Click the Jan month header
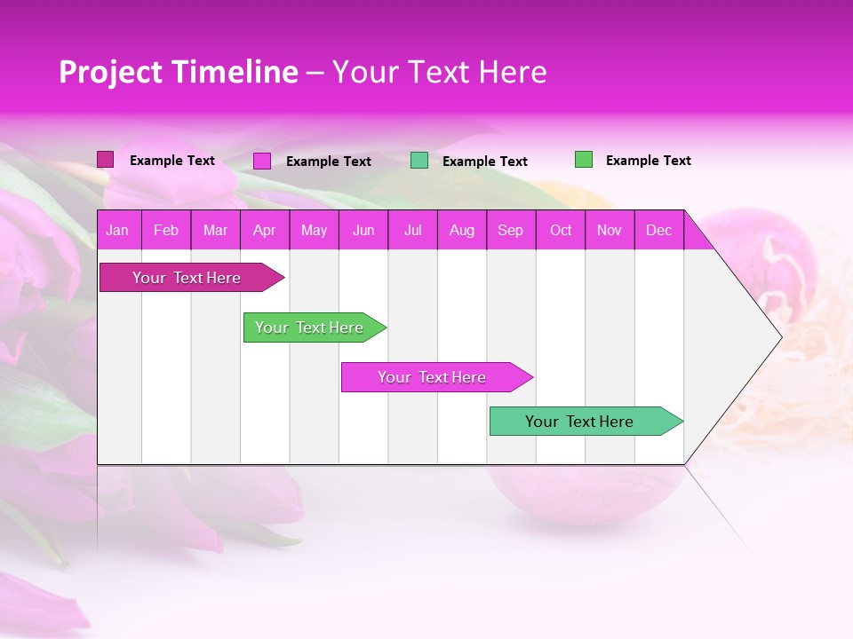coord(117,231)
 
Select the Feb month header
coord(166,231)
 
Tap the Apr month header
coord(264,231)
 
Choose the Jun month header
coord(363,231)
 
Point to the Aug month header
coord(461,231)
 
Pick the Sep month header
coord(510,231)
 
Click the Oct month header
coord(561,231)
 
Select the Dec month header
coord(658,231)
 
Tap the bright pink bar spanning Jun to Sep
coord(433,377)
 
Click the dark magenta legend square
coord(105,160)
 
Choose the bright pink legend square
coord(262,161)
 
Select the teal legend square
coord(419,161)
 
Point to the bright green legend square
coord(583,160)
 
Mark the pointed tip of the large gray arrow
coord(780,337)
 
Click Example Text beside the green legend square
coord(648,161)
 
